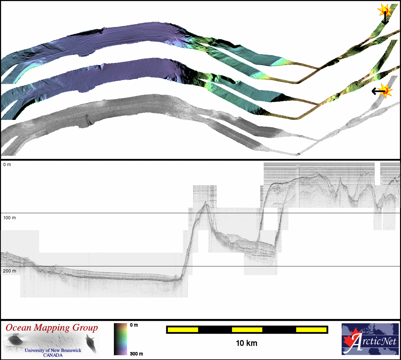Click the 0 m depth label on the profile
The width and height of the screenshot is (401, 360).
(x=7, y=164)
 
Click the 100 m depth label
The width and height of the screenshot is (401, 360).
(x=9, y=218)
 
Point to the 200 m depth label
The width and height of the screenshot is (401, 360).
(x=10, y=271)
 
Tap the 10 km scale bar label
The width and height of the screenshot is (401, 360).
(x=247, y=343)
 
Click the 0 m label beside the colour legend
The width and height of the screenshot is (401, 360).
(x=134, y=325)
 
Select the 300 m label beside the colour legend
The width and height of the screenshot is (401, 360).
(x=136, y=354)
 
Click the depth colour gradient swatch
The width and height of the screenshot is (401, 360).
(x=120, y=339)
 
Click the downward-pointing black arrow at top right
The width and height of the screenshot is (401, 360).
(x=385, y=18)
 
